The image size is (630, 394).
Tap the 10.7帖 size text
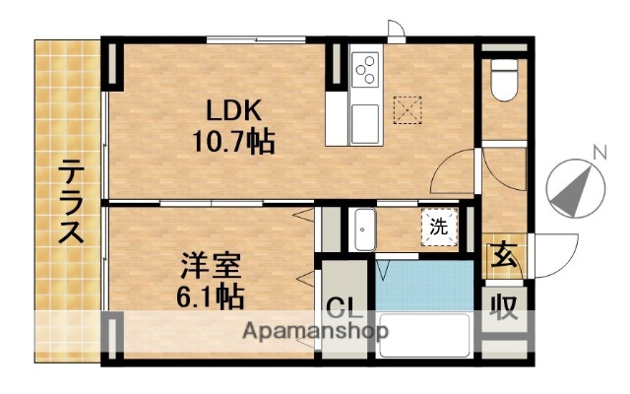[x=233, y=142]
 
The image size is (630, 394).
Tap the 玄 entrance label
[x=504, y=255]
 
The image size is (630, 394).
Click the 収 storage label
[x=505, y=309]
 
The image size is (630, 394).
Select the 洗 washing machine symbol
[x=439, y=227]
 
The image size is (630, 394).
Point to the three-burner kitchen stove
[x=366, y=70]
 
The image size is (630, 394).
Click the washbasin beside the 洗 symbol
[x=364, y=232]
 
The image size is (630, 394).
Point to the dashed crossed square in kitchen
[x=406, y=106]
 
